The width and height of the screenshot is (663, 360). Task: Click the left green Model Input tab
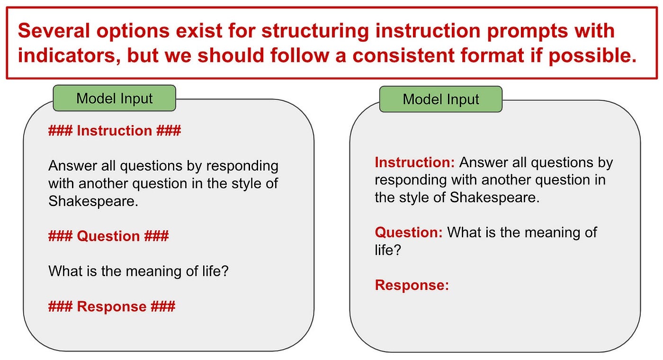coord(115,99)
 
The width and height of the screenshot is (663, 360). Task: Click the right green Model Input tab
coord(441,99)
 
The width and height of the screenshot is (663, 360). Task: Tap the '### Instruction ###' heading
coord(115,131)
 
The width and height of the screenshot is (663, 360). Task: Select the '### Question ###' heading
coord(108,236)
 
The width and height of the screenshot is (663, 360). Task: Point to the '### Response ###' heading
coord(112,306)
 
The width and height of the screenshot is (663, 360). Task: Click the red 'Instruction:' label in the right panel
coord(415,162)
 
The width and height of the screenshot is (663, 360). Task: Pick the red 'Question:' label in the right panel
coord(409,233)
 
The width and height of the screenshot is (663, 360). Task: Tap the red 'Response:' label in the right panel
coord(412,285)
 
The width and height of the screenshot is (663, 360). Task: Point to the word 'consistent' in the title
coord(403,55)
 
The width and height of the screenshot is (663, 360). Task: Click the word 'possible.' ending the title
coord(592,56)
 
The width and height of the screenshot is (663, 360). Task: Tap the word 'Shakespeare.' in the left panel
coord(93,201)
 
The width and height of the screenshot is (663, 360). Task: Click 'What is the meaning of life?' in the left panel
coord(138,271)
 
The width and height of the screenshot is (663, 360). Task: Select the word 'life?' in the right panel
coord(388,250)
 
